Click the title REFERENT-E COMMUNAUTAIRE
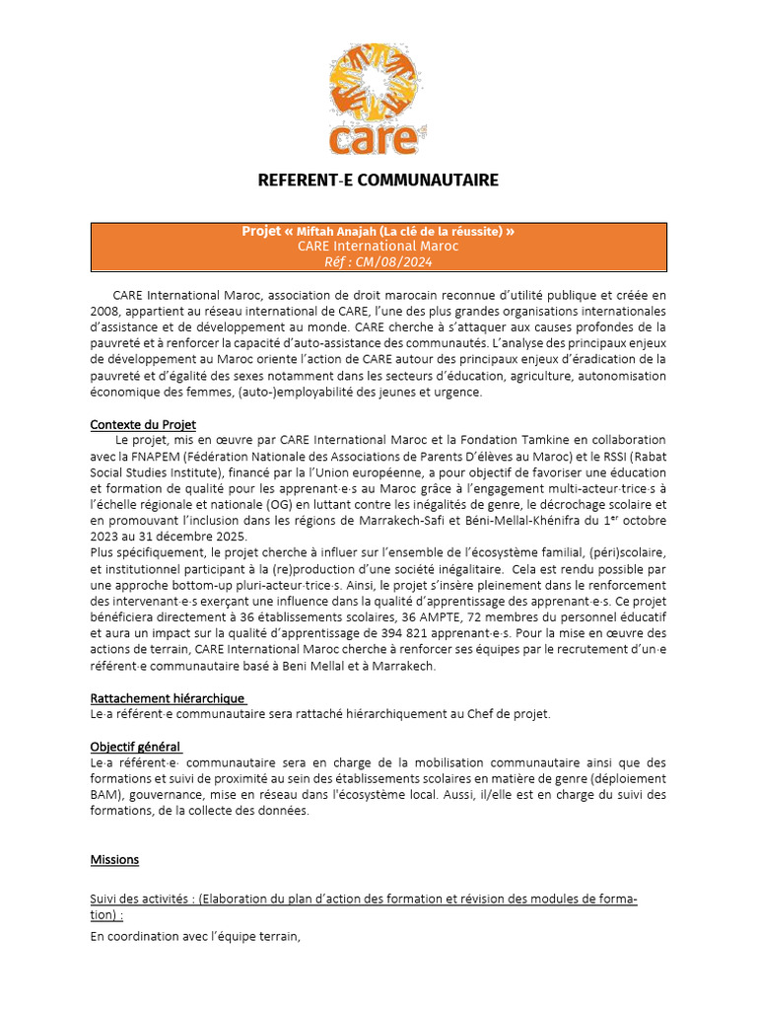pos(378,180)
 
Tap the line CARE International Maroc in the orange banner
pos(378,247)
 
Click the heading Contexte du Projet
pos(143,424)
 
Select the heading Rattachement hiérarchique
pos(167,698)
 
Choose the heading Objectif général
pos(135,747)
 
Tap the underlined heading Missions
pos(114,859)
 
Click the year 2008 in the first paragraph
pos(105,311)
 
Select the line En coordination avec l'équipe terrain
pos(194,937)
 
